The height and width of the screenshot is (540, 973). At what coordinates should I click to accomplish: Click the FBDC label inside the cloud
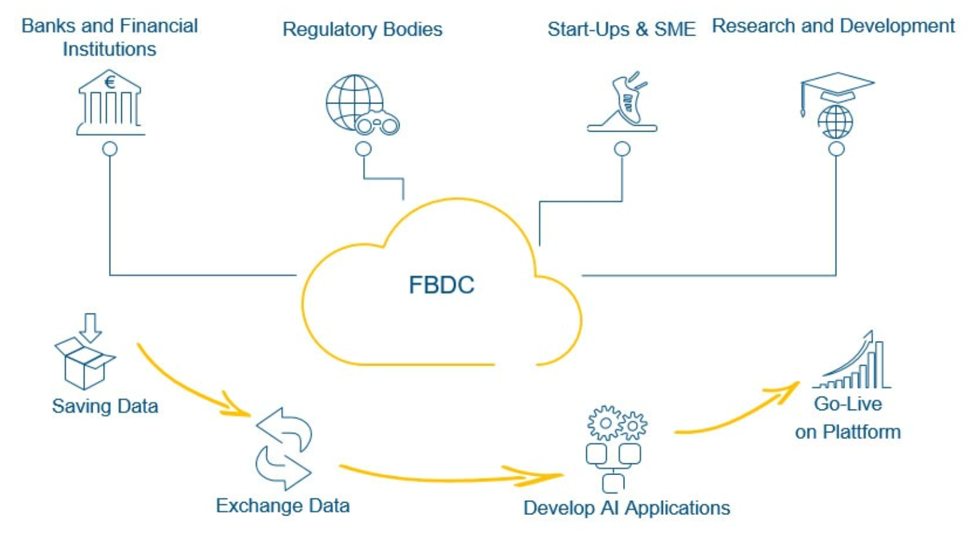click(441, 285)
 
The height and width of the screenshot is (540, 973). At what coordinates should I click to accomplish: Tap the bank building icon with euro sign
click(110, 103)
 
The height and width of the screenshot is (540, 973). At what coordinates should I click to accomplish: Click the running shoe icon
click(624, 103)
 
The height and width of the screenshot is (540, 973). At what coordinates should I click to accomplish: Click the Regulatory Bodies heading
click(362, 29)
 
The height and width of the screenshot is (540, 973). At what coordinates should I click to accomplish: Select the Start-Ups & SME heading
click(621, 29)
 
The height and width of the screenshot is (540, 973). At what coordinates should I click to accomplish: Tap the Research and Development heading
click(833, 26)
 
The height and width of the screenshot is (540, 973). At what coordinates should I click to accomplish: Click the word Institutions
click(109, 50)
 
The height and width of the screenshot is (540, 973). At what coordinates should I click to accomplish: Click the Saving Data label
click(105, 407)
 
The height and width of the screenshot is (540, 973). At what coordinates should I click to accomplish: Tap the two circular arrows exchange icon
click(284, 448)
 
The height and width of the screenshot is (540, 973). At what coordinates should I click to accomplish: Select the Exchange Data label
click(282, 506)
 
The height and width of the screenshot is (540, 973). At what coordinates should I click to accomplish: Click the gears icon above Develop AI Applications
click(616, 422)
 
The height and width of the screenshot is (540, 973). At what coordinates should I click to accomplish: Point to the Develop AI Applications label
click(626, 508)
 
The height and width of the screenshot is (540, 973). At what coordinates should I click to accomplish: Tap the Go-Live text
click(847, 404)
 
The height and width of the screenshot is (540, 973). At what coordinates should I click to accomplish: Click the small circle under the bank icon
click(110, 149)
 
